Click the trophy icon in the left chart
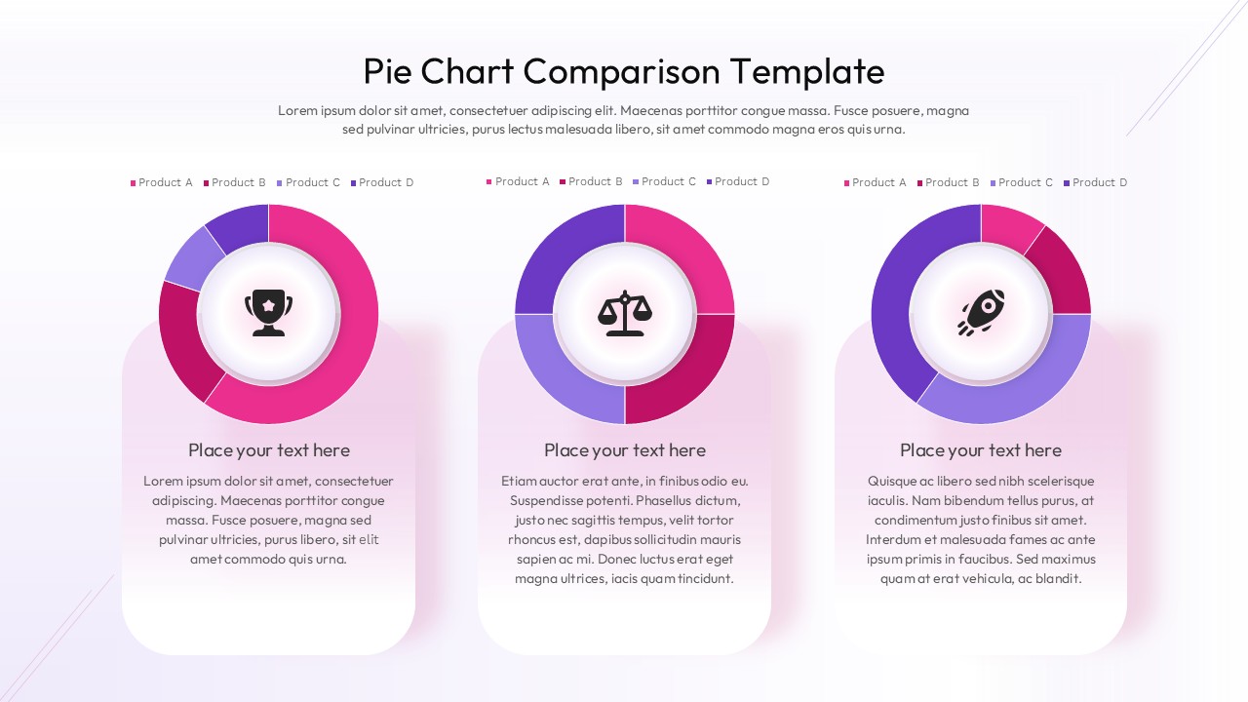click(x=268, y=313)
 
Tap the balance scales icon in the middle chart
click(x=624, y=313)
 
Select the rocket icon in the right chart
click(x=981, y=313)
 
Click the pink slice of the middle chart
click(x=682, y=255)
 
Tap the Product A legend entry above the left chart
click(x=162, y=182)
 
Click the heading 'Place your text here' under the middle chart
click(x=624, y=450)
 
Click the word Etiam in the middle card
click(x=520, y=481)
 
